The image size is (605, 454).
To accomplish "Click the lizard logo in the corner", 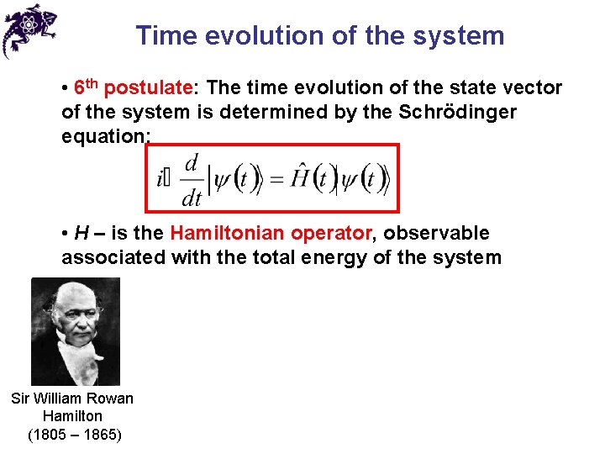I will pyautogui.click(x=29, y=29).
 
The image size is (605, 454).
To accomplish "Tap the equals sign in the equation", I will pyautogui.click(x=276, y=178).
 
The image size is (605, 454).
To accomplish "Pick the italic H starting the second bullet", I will pyautogui.click(x=82, y=233).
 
